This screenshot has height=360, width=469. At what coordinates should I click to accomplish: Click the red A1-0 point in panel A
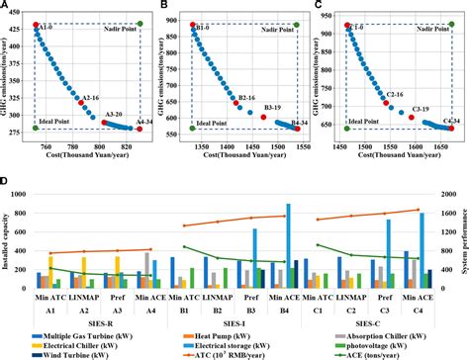click(37, 24)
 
